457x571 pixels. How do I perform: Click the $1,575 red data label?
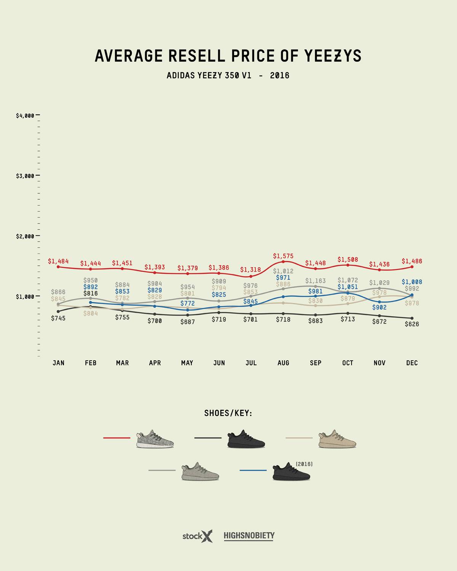(x=283, y=256)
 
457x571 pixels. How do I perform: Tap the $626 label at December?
(x=412, y=324)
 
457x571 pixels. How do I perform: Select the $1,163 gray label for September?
(x=315, y=281)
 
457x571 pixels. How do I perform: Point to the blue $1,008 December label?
(x=412, y=282)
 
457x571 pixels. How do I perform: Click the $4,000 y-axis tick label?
(x=25, y=115)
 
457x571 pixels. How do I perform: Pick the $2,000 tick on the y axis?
(x=25, y=236)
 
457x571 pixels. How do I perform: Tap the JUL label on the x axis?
(x=251, y=363)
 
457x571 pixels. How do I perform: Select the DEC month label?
(x=412, y=363)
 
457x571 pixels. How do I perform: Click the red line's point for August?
(x=283, y=262)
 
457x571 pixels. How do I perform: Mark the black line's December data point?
(x=412, y=318)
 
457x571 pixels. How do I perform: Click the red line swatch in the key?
(x=117, y=438)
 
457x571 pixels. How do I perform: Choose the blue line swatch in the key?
(x=253, y=471)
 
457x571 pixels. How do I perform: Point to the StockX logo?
(x=197, y=536)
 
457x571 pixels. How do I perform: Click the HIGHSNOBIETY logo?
(x=249, y=536)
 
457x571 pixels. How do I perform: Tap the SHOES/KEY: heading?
(x=228, y=413)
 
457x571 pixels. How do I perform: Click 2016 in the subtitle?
(x=280, y=76)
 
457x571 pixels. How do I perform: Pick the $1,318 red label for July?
(x=251, y=270)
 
